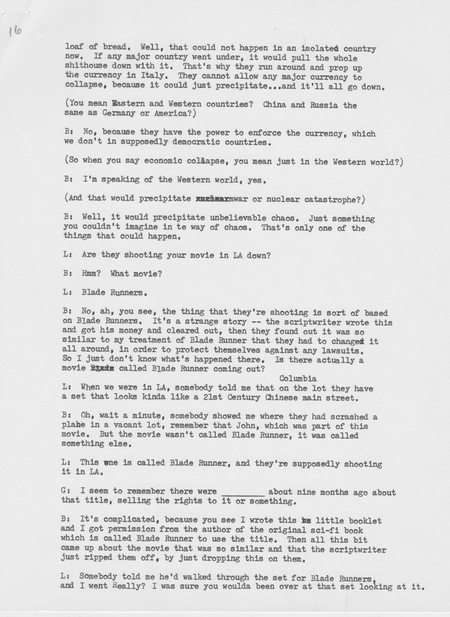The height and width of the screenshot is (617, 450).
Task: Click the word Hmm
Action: [x=91, y=273]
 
